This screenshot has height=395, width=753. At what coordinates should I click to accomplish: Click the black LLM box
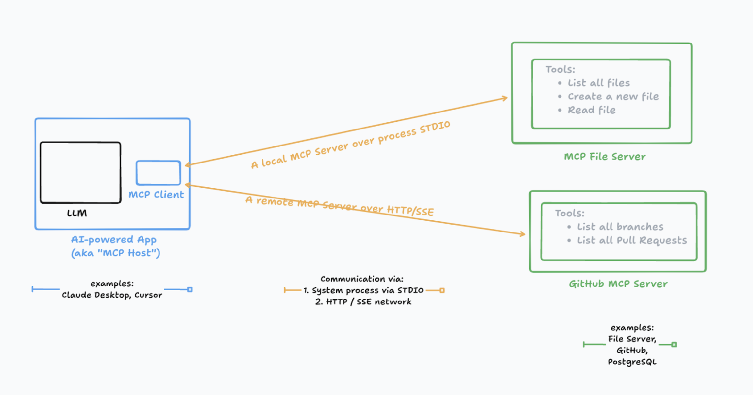[x=80, y=172]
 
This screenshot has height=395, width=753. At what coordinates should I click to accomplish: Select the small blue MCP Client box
[x=158, y=173]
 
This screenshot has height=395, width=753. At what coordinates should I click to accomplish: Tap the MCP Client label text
[x=156, y=195]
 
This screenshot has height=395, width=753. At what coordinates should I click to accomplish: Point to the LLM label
[x=77, y=213]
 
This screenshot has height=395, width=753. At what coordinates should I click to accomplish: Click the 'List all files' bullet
[x=598, y=83]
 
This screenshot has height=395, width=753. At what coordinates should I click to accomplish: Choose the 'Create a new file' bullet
[x=613, y=96]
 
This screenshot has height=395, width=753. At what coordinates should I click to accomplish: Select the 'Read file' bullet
[x=591, y=110]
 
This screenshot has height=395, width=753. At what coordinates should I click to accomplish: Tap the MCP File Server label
[x=605, y=157]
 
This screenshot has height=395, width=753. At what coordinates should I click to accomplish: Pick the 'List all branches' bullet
[x=620, y=227]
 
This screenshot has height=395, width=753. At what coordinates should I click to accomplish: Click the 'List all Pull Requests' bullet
[x=631, y=240]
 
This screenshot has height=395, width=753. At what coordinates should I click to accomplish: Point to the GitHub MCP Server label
[x=618, y=284]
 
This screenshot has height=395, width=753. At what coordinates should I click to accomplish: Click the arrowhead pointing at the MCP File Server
[x=505, y=98]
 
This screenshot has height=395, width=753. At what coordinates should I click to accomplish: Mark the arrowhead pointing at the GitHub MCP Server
[x=523, y=234]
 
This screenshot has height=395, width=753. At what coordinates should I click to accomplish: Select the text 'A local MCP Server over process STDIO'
[x=350, y=144]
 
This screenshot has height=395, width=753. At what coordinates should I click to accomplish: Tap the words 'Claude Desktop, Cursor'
[x=112, y=295]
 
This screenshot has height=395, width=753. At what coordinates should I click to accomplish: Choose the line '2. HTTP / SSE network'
[x=363, y=301]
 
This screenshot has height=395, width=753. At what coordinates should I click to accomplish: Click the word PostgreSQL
[x=632, y=362]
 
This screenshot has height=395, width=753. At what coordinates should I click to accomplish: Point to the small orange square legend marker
[x=442, y=290]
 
